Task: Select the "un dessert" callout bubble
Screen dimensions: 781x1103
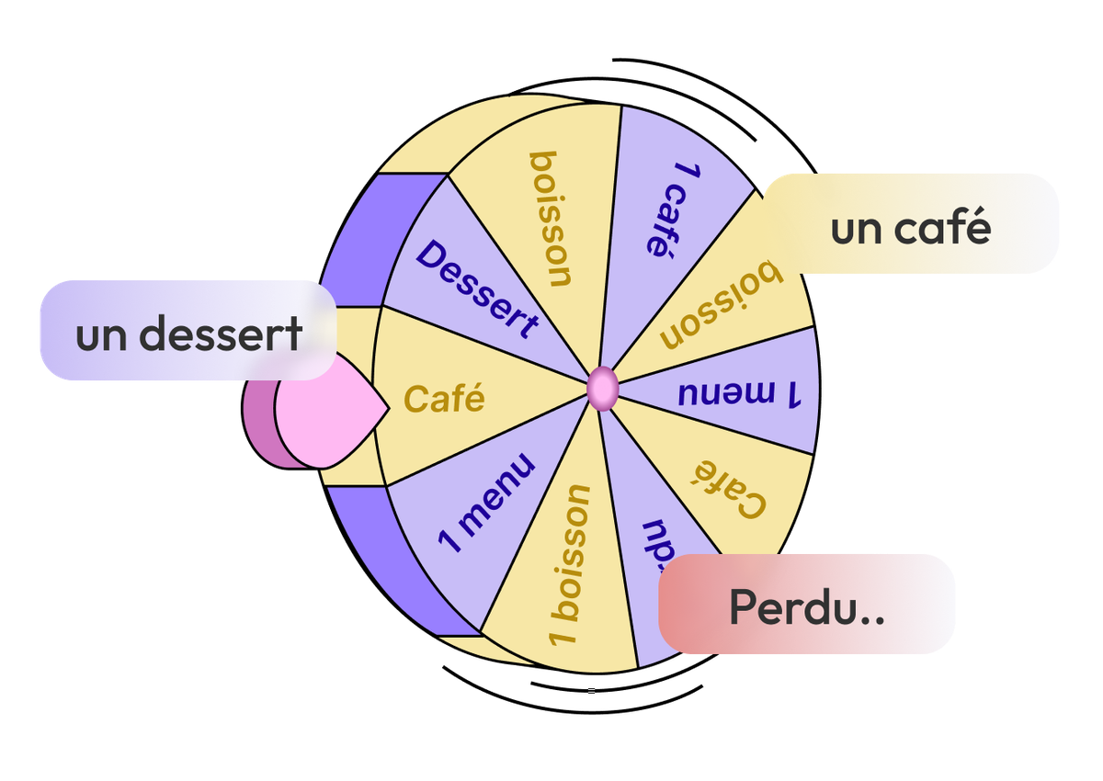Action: (x=188, y=331)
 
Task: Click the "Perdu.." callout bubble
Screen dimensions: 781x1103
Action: (x=807, y=604)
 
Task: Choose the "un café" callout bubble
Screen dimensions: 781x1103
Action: (x=910, y=225)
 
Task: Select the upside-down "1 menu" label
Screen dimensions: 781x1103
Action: (x=740, y=393)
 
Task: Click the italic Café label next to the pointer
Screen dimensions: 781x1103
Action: (x=444, y=399)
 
